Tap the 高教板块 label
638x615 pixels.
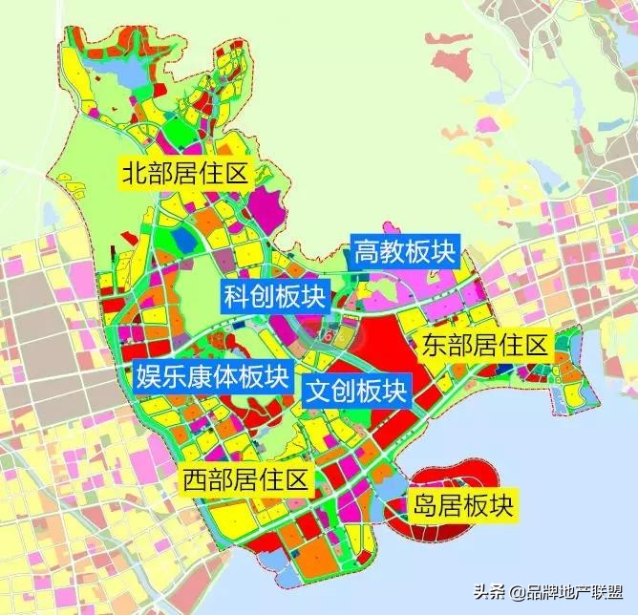tap(406, 252)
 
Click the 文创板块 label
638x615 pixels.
tap(356, 390)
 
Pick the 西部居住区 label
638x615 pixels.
tap(247, 479)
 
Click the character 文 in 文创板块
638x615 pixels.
tap(318, 390)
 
